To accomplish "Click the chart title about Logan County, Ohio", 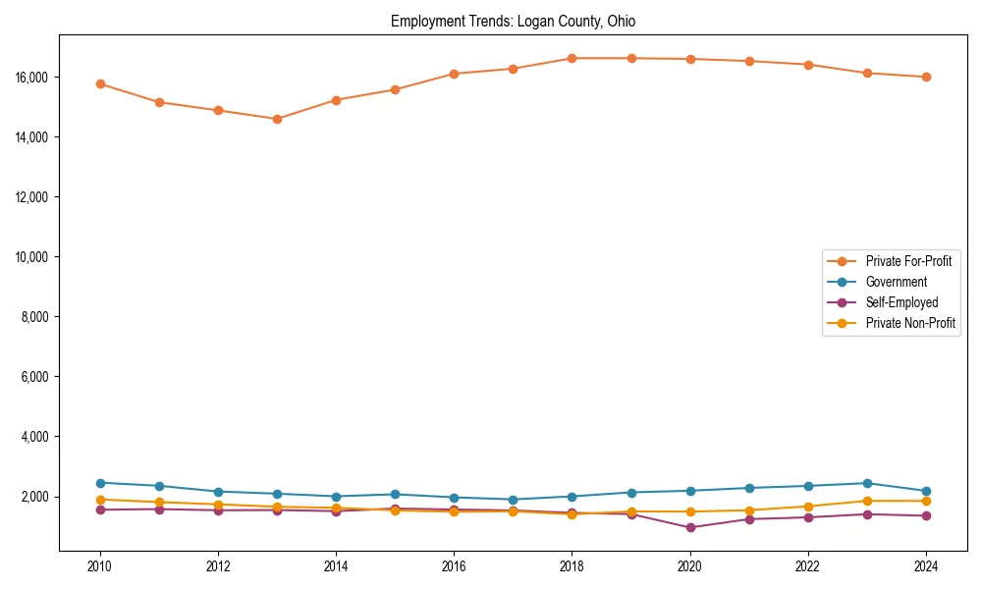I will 513,22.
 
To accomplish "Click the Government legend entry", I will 896,282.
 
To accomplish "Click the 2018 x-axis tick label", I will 572,566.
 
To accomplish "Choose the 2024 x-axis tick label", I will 926,566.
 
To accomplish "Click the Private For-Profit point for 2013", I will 277,119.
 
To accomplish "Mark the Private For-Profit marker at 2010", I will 100,83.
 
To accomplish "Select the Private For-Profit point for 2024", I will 926,77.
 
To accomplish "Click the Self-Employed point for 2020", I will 690,527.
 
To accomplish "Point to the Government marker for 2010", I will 100,483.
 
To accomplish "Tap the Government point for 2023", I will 867,483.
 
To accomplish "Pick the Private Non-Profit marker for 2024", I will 926,501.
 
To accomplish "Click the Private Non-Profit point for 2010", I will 100,500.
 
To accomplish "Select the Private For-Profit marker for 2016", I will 454,74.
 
